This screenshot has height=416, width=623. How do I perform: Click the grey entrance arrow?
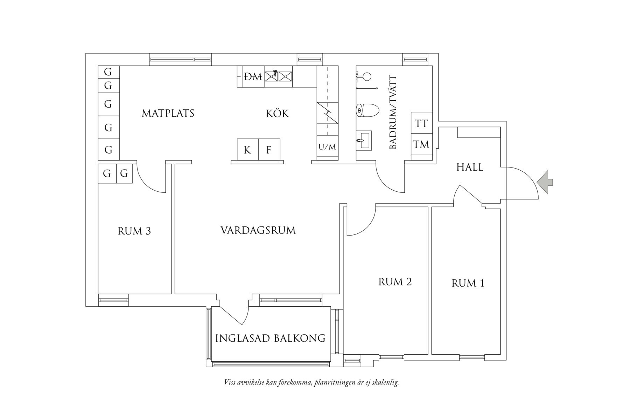[545, 182]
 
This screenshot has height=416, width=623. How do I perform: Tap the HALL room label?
[470, 168]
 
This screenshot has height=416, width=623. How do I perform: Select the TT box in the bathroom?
[421, 123]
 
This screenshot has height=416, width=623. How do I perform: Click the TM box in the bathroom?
[421, 144]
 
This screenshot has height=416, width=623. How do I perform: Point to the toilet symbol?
[367, 111]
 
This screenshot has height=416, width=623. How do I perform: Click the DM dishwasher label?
[253, 77]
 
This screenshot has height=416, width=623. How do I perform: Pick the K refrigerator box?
[247, 150]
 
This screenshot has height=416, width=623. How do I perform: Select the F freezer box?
[269, 150]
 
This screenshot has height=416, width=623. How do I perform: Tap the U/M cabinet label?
[327, 147]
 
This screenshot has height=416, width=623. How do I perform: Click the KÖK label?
[278, 114]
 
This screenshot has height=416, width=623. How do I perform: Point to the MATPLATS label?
[168, 113]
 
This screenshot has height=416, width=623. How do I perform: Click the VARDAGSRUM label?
[258, 230]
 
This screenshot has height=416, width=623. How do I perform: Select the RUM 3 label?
[134, 231]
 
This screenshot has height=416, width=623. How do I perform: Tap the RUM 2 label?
[395, 282]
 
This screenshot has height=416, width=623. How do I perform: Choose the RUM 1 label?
[468, 283]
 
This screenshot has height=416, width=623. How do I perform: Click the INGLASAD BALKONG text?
[270, 338]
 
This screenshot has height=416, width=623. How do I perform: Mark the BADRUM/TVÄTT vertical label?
[393, 112]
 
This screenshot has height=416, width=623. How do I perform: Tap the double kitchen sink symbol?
[278, 76]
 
